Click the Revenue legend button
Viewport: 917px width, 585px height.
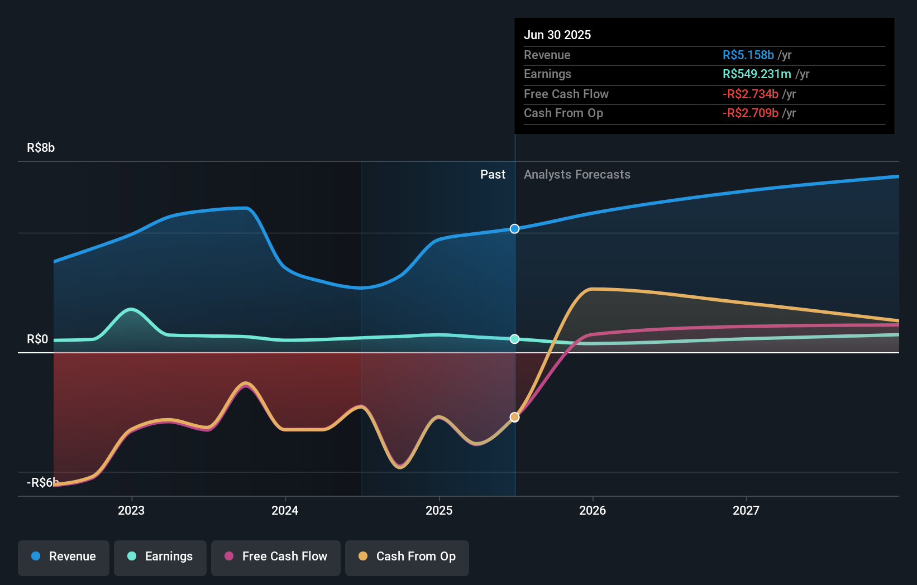64,557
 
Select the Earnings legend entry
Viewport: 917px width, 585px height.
160,557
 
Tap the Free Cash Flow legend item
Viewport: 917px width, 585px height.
276,557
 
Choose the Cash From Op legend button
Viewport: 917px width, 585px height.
407,557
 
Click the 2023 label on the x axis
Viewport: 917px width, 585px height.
131,510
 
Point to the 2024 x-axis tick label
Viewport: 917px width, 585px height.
285,510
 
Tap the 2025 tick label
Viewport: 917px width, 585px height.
439,510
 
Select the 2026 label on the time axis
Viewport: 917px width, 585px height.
593,510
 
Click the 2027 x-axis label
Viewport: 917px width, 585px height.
746,510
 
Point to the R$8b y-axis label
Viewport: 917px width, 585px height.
41,148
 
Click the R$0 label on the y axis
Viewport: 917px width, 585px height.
37,339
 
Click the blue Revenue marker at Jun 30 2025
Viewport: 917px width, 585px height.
514,229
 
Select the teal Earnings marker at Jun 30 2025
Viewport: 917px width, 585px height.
514,339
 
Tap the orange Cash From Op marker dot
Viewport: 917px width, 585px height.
514,417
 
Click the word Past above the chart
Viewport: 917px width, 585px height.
493,175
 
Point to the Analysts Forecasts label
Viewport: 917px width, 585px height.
577,175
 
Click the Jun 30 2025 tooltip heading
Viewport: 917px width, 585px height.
557,35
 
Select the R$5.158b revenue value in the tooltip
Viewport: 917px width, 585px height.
748,55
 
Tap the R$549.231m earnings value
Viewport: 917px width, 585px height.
757,74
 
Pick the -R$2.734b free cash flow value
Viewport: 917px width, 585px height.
750,94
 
